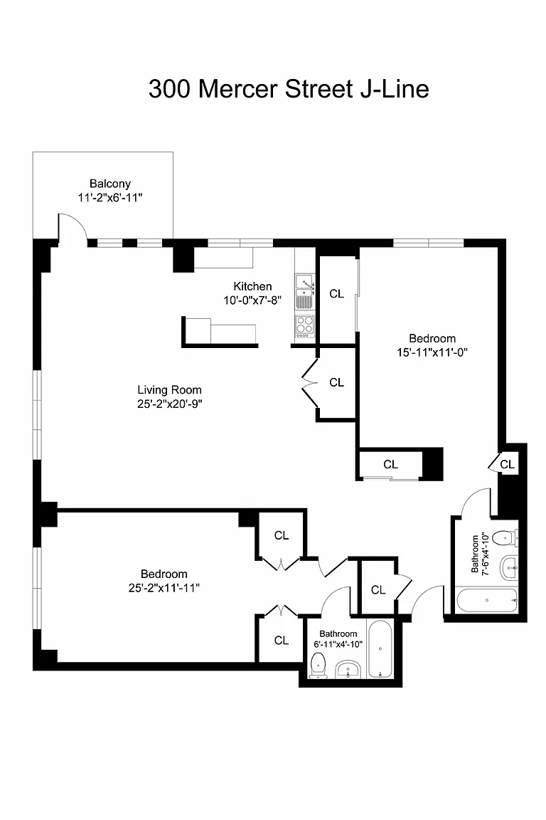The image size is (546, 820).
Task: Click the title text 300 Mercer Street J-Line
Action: (289, 89)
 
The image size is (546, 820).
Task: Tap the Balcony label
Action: (109, 184)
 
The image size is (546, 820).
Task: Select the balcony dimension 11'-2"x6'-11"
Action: (109, 198)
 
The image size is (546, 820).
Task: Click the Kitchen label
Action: (252, 287)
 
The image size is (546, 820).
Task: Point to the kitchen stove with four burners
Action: (305, 325)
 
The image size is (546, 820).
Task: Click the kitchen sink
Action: (305, 285)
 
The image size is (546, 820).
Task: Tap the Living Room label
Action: (169, 390)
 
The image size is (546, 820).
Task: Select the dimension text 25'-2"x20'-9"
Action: (169, 404)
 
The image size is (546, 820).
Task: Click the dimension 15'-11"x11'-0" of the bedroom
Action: (432, 352)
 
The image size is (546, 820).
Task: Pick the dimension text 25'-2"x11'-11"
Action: (164, 588)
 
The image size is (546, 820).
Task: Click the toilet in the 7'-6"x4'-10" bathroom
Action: (505, 537)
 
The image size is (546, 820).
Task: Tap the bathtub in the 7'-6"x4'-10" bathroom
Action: (487, 600)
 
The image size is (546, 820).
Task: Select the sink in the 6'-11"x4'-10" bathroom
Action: (348, 669)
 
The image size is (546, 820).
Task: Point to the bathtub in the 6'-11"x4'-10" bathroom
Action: (380, 649)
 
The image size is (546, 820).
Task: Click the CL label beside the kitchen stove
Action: (336, 294)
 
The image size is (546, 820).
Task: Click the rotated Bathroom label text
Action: (475, 553)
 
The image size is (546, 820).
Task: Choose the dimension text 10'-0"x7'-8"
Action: (252, 300)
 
